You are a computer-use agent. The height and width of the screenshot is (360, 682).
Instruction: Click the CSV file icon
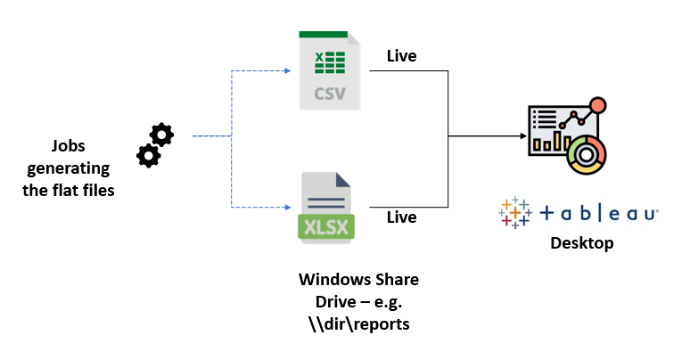tap(329, 70)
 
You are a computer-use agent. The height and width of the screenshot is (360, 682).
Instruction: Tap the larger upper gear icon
tap(161, 135)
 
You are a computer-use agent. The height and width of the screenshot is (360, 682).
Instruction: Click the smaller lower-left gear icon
tap(148, 156)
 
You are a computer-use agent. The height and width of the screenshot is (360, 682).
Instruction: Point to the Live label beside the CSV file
tap(401, 57)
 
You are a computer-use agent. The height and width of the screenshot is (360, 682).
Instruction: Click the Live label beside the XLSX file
tap(401, 217)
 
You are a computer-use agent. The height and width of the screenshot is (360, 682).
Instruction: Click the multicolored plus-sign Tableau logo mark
tap(516, 213)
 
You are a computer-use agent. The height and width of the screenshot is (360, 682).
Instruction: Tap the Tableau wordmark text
tap(599, 214)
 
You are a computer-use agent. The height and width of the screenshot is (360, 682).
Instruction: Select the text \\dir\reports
tap(358, 323)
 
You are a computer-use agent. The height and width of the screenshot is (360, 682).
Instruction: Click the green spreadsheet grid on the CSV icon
tap(329, 62)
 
